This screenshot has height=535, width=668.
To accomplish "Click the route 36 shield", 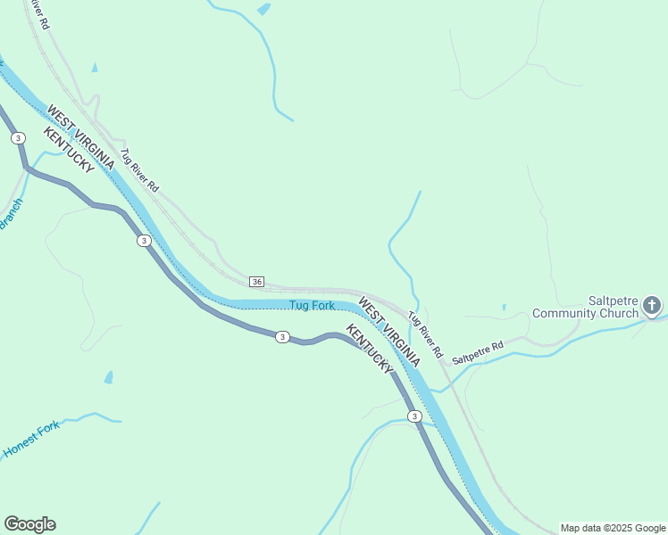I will tap(257, 282).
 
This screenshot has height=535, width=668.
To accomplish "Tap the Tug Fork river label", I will tap(312, 306).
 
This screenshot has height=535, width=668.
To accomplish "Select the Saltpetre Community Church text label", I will tap(587, 307).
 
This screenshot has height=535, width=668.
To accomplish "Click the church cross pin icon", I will tap(653, 307).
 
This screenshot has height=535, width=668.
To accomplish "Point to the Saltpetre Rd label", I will tap(478, 351).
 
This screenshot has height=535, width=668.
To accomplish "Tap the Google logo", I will tap(29, 524).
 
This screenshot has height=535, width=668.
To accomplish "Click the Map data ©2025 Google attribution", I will tap(613, 528).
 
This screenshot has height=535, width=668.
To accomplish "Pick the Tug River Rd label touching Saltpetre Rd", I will tap(425, 334).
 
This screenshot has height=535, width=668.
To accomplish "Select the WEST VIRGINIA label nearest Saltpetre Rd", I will tap(389, 333).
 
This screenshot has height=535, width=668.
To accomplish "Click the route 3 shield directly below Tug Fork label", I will tap(282, 336).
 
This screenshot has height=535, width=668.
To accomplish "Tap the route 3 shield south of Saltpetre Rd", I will tap(414, 416).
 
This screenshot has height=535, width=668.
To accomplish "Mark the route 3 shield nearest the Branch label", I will tap(18, 138).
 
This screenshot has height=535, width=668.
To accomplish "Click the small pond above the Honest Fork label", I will tap(108, 378).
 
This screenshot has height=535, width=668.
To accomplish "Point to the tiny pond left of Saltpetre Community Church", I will tap(504, 308).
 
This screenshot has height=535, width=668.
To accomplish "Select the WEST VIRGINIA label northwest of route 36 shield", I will tap(80, 138).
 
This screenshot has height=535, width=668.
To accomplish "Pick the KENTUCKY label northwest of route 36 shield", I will tap(68, 150).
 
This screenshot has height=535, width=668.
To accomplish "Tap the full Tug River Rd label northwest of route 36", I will tap(139, 170).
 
